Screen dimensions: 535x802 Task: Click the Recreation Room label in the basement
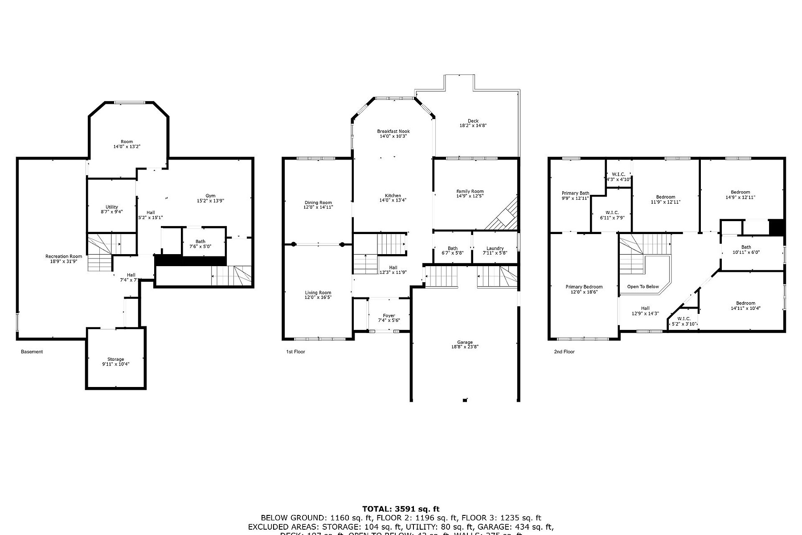click(64, 256)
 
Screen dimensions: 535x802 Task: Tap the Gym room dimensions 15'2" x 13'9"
click(210, 201)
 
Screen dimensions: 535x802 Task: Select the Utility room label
click(112, 207)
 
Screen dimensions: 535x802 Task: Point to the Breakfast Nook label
click(393, 131)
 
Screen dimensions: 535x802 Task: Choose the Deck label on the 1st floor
click(473, 121)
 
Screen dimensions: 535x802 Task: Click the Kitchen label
click(393, 196)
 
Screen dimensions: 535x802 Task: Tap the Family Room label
click(470, 191)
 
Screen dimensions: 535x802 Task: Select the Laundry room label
click(495, 248)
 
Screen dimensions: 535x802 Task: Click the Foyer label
click(389, 316)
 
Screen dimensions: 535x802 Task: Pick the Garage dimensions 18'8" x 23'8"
click(465, 347)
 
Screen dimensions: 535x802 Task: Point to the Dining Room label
click(318, 202)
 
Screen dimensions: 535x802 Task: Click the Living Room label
click(318, 292)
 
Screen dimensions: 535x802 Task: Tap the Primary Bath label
click(575, 193)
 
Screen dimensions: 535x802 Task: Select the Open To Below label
click(642, 287)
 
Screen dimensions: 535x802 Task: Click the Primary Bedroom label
click(584, 287)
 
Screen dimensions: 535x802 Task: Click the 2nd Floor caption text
click(564, 352)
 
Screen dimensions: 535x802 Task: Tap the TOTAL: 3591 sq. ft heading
click(401, 509)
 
